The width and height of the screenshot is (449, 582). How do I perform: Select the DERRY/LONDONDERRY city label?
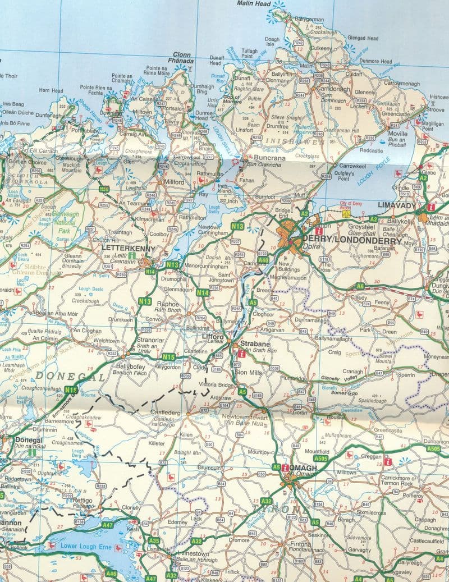352,241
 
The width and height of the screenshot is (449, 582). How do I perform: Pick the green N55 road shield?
104,189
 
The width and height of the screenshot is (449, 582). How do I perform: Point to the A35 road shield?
154,540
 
